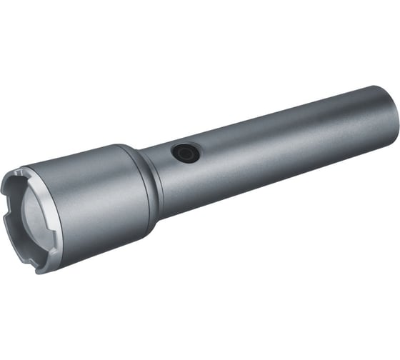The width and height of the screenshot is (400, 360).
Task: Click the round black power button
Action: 186,153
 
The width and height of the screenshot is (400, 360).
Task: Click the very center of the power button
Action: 186,153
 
